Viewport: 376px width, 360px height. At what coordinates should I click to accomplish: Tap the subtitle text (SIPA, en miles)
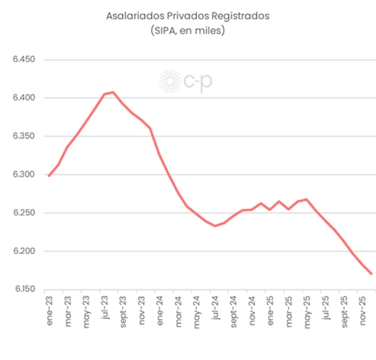click(188, 31)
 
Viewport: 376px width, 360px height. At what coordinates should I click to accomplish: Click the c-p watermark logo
click(186, 81)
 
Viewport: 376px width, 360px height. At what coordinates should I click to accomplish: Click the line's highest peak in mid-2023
click(113, 92)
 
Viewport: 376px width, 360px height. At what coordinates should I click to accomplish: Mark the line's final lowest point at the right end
click(371, 273)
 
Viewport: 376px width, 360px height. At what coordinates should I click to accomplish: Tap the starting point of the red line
click(49, 176)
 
